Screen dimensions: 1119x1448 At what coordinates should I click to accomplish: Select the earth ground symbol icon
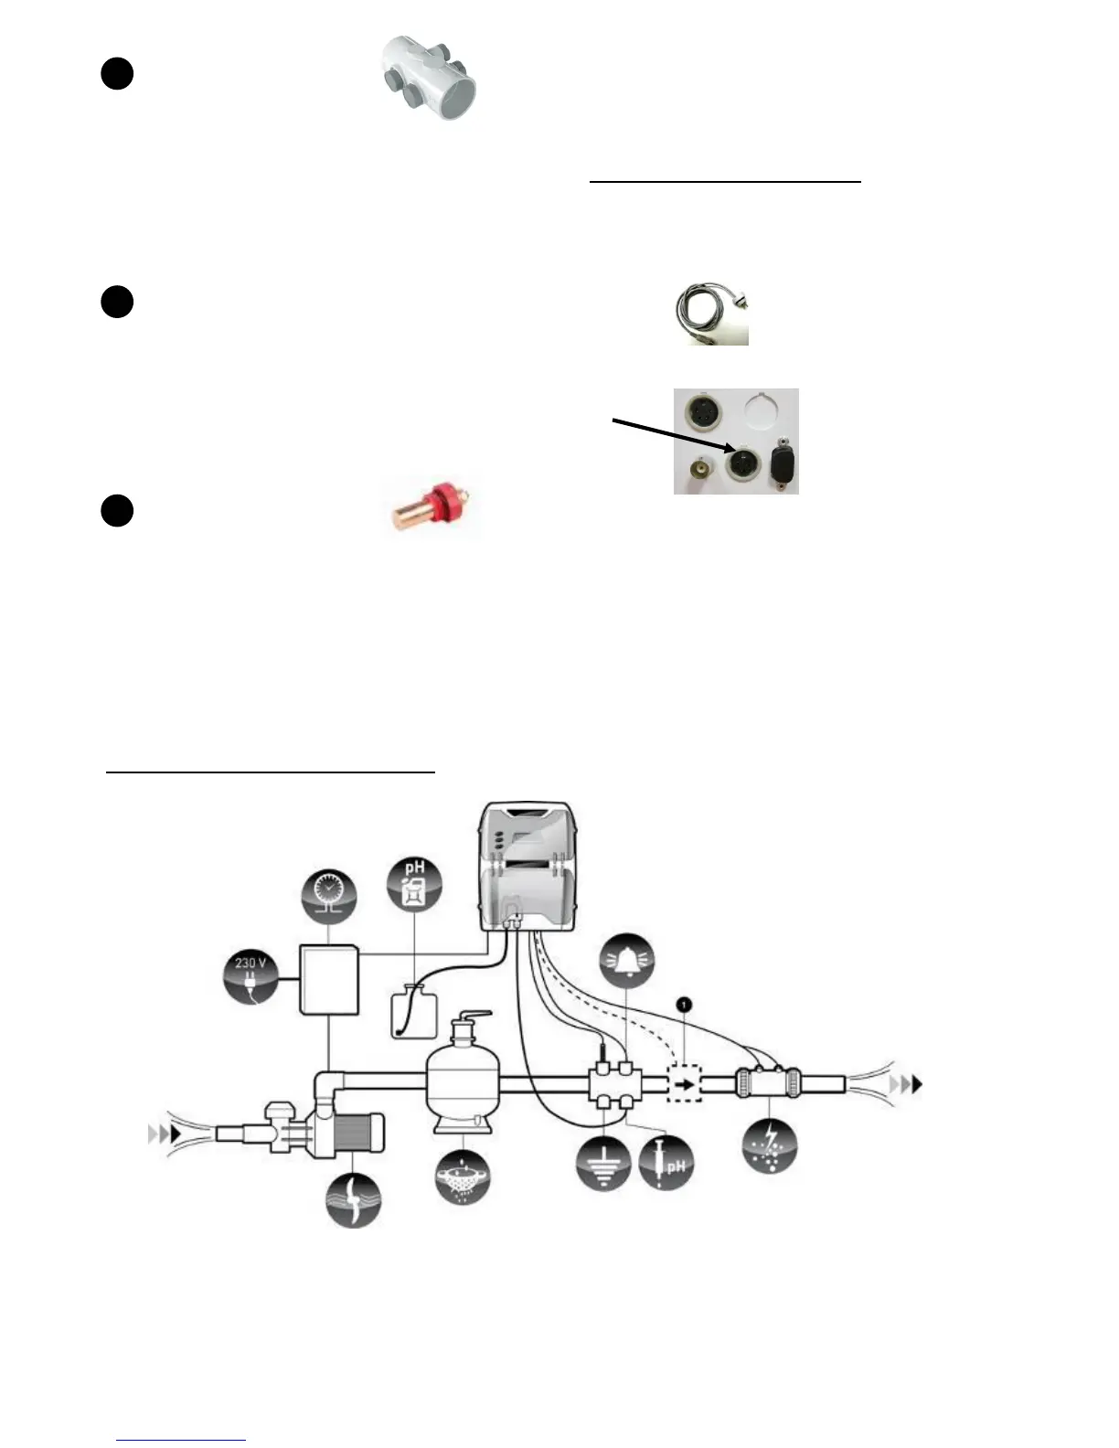[x=604, y=1164]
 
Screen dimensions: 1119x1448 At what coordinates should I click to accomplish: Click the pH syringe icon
[x=666, y=1164]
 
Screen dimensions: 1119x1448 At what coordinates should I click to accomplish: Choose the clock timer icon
[x=328, y=896]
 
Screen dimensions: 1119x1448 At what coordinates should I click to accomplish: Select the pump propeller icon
[x=354, y=1199]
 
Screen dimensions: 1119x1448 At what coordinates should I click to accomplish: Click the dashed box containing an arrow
[x=684, y=1085]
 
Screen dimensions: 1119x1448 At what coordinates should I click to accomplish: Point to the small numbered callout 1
[x=685, y=1005]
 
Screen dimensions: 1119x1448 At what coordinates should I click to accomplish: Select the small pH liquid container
[x=414, y=1012]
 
